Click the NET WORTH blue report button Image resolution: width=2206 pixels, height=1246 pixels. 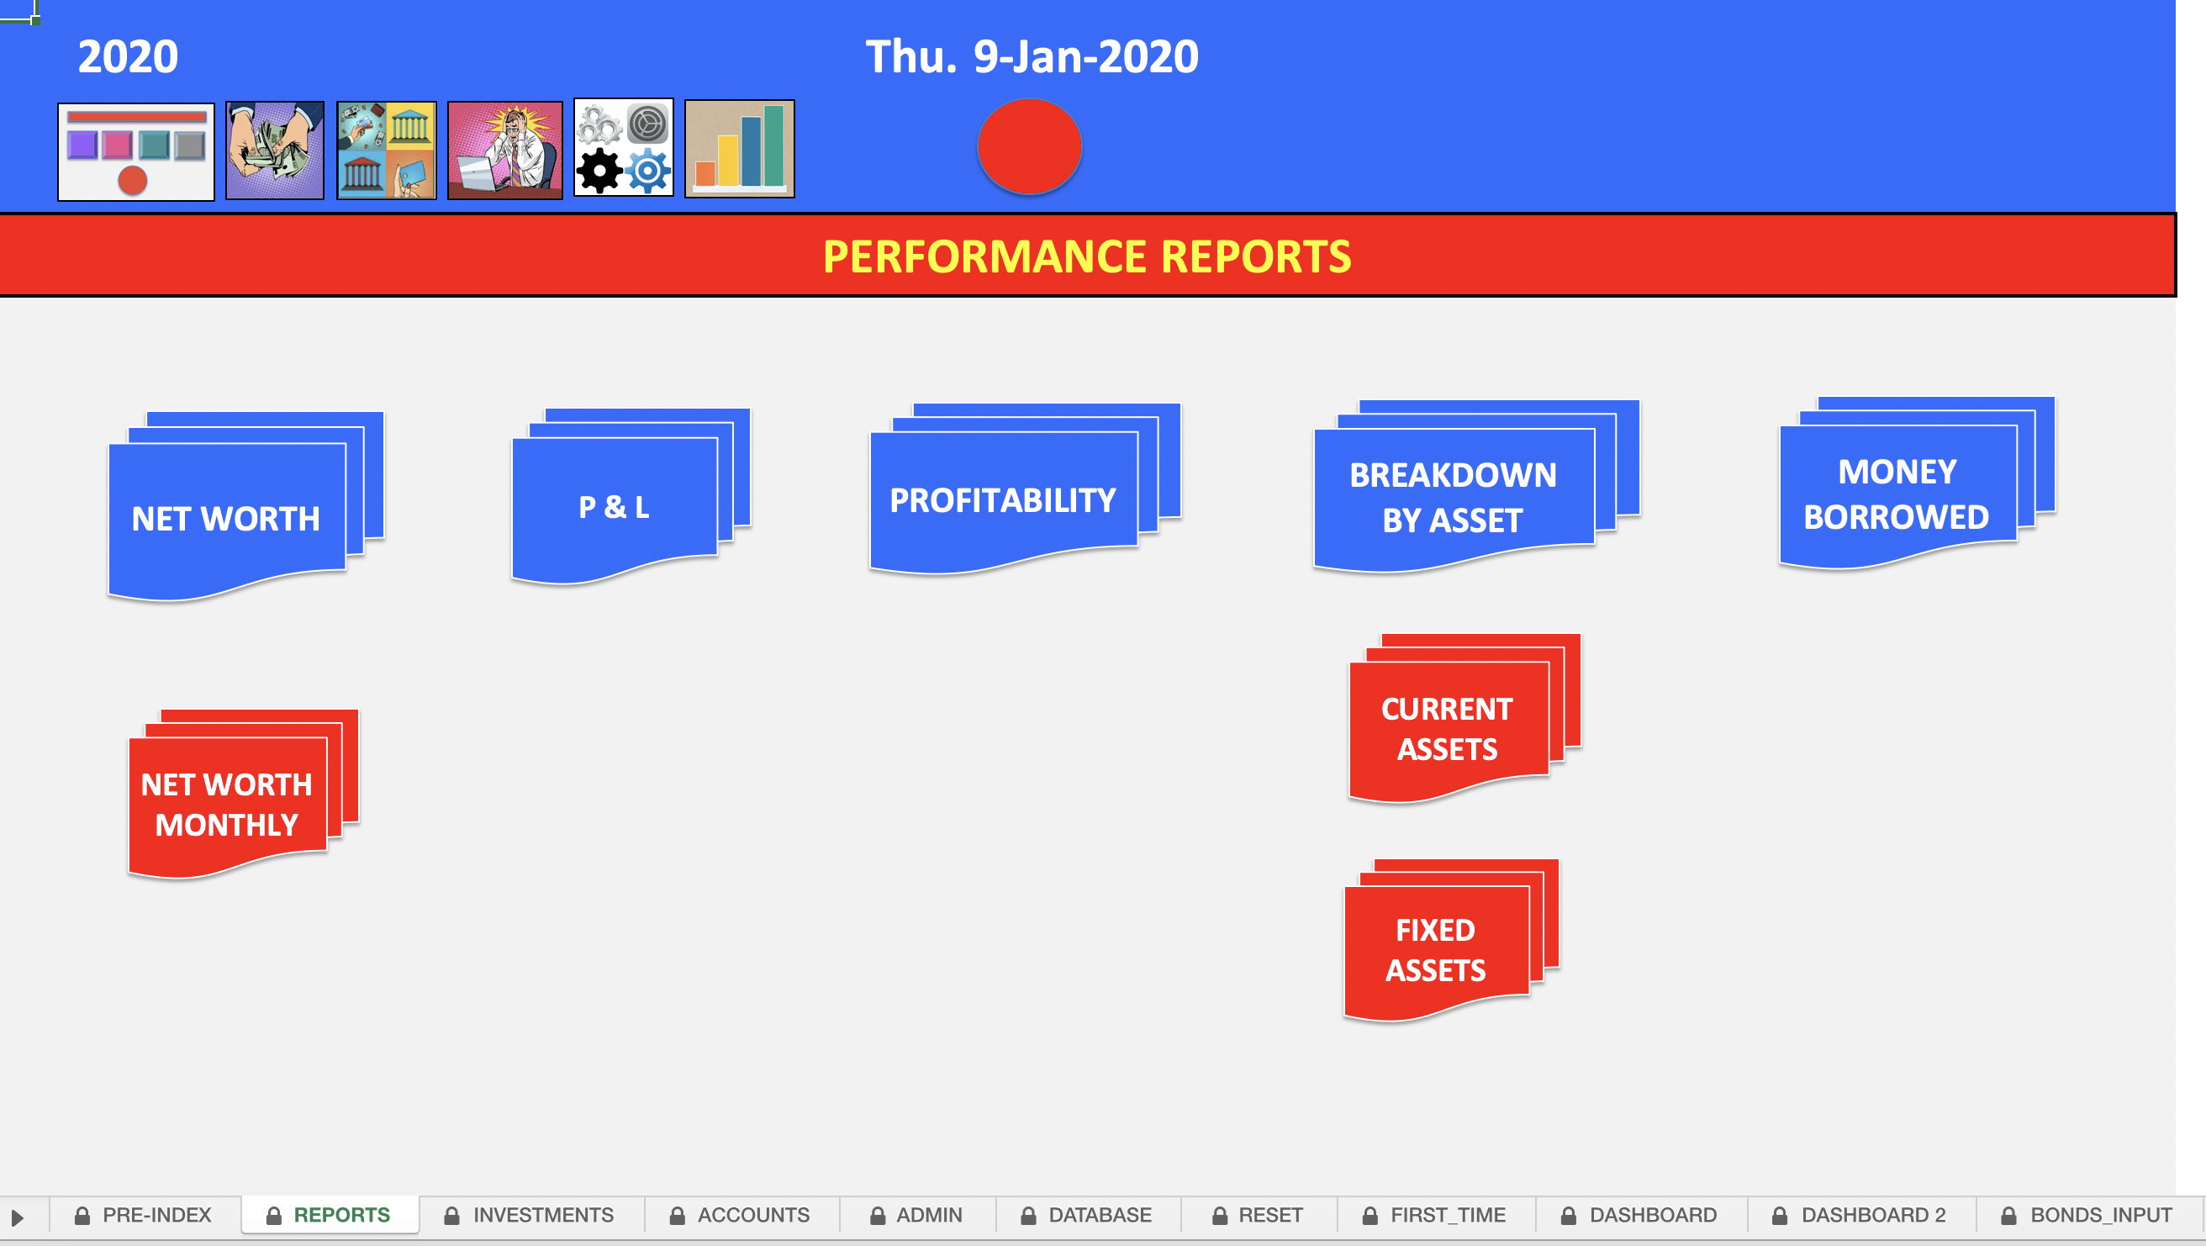(226, 518)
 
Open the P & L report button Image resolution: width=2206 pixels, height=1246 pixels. (614, 507)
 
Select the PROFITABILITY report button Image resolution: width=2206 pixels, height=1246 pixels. (1003, 500)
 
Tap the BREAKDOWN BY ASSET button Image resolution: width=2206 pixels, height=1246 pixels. (1454, 498)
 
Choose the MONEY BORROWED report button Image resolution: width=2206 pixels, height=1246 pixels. (1897, 494)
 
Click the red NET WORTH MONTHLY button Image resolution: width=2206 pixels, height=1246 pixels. (227, 804)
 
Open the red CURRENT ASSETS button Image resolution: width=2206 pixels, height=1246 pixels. (1447, 729)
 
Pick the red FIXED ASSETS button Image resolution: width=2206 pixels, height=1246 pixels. (1436, 950)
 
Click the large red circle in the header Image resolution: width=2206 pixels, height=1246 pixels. (1029, 146)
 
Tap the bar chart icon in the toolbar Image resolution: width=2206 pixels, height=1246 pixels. (740, 149)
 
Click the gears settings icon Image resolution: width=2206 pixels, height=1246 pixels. (624, 147)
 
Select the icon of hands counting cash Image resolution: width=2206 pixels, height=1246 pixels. (275, 150)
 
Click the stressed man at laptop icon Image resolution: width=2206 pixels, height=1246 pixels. (505, 150)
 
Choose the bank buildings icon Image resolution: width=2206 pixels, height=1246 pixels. (386, 150)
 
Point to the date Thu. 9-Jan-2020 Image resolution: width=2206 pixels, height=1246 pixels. (1032, 56)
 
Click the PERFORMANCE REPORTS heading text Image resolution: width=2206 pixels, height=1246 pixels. (1087, 256)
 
